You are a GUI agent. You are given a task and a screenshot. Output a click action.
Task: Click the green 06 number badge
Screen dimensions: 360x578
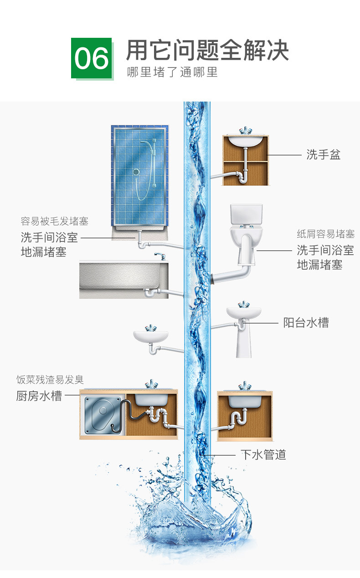point(92,58)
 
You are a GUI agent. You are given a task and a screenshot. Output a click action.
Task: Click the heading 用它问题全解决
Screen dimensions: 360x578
point(207,51)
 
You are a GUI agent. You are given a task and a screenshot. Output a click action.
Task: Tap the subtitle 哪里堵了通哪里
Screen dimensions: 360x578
point(172,72)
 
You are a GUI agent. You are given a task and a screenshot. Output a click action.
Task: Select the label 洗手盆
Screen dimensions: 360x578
point(323,155)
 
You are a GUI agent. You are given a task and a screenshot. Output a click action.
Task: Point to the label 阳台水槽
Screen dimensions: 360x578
point(306,323)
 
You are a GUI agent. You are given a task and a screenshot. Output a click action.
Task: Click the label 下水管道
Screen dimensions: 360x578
point(263,455)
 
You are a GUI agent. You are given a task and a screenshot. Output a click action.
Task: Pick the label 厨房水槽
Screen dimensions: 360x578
point(39,396)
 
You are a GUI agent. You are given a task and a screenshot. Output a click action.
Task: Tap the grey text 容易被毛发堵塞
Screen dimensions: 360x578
point(54,221)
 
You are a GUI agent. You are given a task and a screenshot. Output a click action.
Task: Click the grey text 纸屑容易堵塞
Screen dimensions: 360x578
point(325,234)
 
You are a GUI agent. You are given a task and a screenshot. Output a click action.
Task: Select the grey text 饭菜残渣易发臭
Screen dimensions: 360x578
point(50,379)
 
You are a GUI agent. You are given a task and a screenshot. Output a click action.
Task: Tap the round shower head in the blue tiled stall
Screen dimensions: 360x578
point(136,172)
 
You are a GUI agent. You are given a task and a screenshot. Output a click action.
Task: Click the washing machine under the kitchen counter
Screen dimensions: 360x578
point(101,416)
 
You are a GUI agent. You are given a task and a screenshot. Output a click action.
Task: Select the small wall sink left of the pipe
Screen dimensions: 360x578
point(151,336)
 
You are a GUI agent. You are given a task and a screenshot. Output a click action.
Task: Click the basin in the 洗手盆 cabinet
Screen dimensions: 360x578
point(245,140)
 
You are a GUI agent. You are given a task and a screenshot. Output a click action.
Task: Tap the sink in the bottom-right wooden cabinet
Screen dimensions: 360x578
point(245,400)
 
